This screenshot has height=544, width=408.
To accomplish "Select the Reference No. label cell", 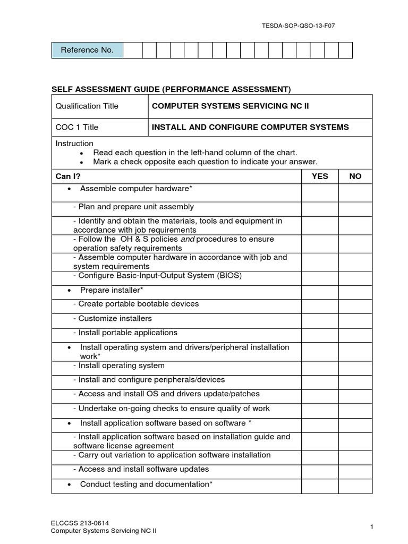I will tap(87, 50).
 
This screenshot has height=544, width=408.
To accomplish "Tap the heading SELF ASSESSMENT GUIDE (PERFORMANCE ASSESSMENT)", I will tap(171, 89).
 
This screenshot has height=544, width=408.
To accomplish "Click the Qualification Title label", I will tap(87, 106).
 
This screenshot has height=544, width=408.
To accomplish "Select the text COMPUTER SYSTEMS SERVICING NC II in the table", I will tap(230, 106).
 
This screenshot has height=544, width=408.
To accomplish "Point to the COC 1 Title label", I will tap(77, 127).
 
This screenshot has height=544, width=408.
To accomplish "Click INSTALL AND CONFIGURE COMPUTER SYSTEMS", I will tap(250, 127).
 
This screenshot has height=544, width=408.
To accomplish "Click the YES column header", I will tap(320, 176).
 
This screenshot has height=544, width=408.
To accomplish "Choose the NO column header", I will tap(355, 176).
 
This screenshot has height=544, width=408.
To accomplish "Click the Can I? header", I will tap(69, 176).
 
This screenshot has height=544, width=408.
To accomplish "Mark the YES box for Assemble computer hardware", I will tap(320, 193).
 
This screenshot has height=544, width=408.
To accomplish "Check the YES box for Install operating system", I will tap(320, 365).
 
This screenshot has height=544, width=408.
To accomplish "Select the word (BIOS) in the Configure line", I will tap(230, 275).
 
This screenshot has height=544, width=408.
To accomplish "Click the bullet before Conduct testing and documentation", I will tap(70, 484).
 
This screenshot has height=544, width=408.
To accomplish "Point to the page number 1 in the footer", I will tap(372, 526).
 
